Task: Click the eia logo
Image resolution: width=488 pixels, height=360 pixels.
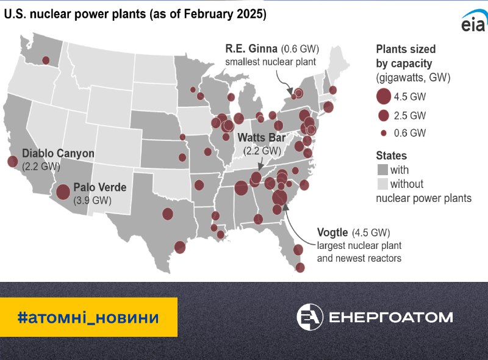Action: (474, 22)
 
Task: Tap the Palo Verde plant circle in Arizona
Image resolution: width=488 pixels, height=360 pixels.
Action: (63, 192)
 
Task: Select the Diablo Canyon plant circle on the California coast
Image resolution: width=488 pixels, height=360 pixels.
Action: (12, 161)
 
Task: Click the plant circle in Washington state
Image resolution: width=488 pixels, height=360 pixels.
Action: (46, 60)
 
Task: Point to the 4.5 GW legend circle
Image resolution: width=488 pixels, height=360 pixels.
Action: (384, 96)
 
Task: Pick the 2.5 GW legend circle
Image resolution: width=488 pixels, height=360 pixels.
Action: (384, 115)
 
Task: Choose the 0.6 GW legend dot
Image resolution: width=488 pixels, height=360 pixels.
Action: (384, 133)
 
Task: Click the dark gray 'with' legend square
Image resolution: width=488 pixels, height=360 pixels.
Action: (382, 170)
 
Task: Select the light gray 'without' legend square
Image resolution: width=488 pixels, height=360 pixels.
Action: (382, 184)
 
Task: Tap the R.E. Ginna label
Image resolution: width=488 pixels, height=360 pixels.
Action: (251, 49)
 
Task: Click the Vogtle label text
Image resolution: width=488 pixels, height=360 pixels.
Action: (332, 232)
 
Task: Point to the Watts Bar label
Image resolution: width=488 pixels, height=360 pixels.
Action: (262, 137)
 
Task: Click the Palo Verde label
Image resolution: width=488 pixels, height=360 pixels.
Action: (100, 187)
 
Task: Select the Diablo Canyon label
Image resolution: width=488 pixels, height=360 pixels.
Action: (58, 153)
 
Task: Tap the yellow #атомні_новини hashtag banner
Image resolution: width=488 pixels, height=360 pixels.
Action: (88, 317)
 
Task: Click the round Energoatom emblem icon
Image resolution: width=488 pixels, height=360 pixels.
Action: (310, 317)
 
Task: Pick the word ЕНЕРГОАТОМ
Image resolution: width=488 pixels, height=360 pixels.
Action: (391, 317)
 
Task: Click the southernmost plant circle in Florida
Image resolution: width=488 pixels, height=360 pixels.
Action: (300, 267)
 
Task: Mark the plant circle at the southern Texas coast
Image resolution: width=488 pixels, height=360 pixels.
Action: (180, 247)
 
